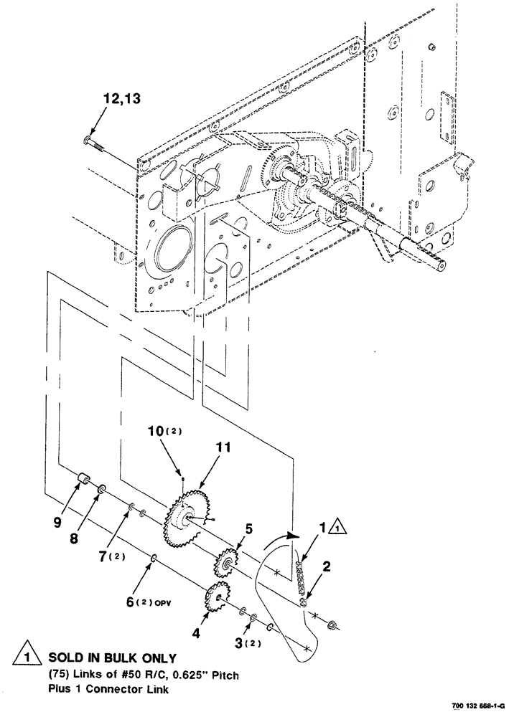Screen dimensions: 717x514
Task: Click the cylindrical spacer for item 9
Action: (x=83, y=479)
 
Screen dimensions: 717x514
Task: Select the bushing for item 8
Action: (x=101, y=490)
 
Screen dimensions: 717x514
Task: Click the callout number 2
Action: (x=326, y=567)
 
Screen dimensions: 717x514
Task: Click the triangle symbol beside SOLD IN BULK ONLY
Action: (x=26, y=656)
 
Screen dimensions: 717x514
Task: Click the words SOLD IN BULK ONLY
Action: (x=111, y=658)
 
